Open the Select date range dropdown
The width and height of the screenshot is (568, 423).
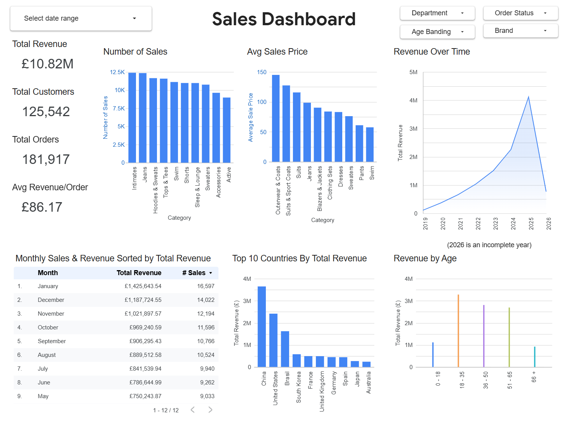pyautogui.click(x=81, y=18)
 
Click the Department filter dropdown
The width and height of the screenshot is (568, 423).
pyautogui.click(x=437, y=13)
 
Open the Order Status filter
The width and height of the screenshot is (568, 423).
pyautogui.click(x=520, y=13)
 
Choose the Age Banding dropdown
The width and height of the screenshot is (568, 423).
pyautogui.click(x=437, y=32)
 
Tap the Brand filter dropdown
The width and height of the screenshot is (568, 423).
pyautogui.click(x=520, y=31)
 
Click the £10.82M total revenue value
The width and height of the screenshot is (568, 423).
pyautogui.click(x=47, y=64)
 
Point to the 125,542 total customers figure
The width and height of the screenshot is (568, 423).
pyautogui.click(x=46, y=112)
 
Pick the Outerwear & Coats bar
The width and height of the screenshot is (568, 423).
pyautogui.click(x=276, y=118)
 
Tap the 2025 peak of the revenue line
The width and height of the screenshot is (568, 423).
pyautogui.click(x=529, y=97)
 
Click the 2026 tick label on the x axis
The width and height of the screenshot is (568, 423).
pyautogui.click(x=549, y=223)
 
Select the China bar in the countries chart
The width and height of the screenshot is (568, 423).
pyautogui.click(x=262, y=327)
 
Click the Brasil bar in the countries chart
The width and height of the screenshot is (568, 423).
pyautogui.click(x=285, y=349)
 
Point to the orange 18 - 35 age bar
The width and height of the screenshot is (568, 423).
pyautogui.click(x=458, y=331)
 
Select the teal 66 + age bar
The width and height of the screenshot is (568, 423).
pyautogui.click(x=534, y=357)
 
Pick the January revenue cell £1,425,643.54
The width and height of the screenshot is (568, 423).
pyautogui.click(x=143, y=286)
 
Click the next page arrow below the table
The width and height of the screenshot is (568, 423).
pyautogui.click(x=210, y=410)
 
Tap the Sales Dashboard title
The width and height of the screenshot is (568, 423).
pyautogui.click(x=283, y=19)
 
